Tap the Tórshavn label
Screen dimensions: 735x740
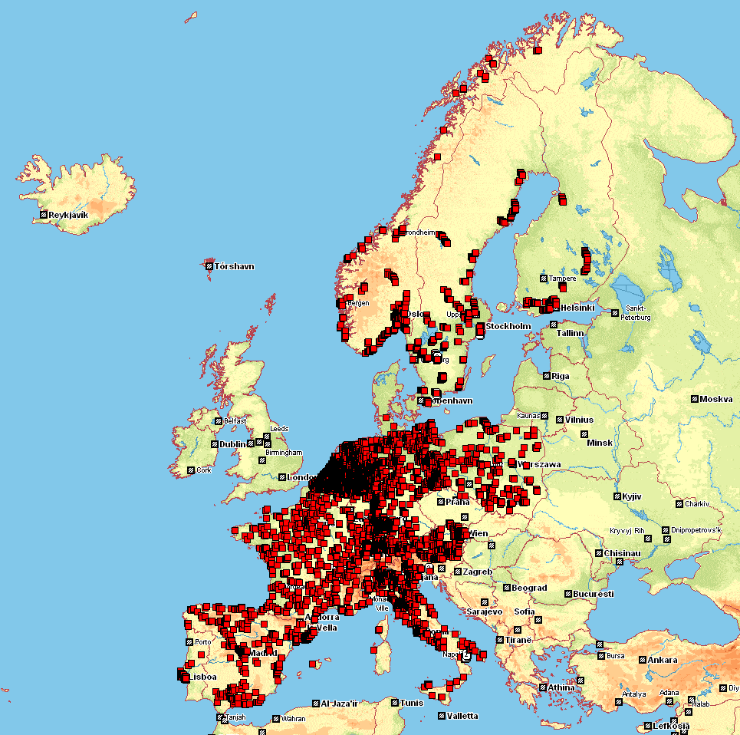pyautogui.click(x=234, y=266)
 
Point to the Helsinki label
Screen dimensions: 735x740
pyautogui.click(x=577, y=307)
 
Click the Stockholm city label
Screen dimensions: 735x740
pyautogui.click(x=508, y=326)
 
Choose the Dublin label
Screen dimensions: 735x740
pyautogui.click(x=233, y=444)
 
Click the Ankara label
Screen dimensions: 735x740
pyautogui.click(x=663, y=660)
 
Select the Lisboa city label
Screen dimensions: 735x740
pyautogui.click(x=203, y=677)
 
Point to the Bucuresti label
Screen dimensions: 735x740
pyautogui.click(x=594, y=594)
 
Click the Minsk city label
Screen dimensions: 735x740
pyautogui.click(x=600, y=443)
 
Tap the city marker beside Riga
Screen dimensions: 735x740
pyautogui.click(x=545, y=376)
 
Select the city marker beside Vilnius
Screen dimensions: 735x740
pyautogui.click(x=559, y=420)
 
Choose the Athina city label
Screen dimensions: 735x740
pyautogui.click(x=561, y=687)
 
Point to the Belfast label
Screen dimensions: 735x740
pyautogui.click(x=235, y=420)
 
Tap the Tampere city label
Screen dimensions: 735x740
pyautogui.click(x=561, y=278)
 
